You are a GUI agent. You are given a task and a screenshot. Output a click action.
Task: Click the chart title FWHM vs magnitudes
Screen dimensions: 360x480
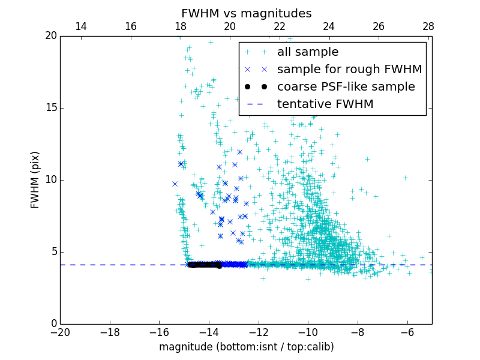pos(246,13)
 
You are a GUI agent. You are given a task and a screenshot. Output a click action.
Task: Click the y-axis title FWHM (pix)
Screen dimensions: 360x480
pos(35,179)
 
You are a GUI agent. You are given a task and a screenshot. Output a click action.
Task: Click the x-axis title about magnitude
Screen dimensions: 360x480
pos(246,347)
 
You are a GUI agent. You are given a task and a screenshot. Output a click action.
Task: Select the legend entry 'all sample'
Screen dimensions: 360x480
pos(308,52)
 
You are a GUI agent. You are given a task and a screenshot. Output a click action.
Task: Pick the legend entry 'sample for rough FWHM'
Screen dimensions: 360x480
pos(349,70)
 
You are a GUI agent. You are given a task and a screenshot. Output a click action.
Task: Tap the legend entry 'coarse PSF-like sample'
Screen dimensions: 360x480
pos(346,87)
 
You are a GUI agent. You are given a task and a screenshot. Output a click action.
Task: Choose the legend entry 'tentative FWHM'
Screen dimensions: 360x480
pos(325,104)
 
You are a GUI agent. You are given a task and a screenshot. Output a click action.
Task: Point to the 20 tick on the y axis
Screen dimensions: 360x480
pos(50,36)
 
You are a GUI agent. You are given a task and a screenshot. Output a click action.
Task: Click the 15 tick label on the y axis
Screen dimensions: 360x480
pos(50,108)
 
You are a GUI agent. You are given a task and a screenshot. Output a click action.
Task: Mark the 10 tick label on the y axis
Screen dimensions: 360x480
pos(50,180)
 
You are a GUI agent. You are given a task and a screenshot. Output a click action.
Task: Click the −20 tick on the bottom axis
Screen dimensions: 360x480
pos(61,332)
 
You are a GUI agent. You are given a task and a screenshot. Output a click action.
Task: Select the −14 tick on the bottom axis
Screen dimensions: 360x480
pos(209,332)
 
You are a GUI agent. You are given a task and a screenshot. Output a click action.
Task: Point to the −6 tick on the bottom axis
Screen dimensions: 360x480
pos(407,332)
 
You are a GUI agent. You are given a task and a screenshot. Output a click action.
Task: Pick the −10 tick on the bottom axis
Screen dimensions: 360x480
pos(308,332)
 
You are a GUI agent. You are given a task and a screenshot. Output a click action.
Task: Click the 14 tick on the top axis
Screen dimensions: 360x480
pos(80,26)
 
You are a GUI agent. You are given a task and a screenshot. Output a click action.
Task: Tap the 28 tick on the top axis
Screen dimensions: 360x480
pos(428,26)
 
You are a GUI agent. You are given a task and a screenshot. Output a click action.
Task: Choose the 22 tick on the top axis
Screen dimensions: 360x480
pos(279,26)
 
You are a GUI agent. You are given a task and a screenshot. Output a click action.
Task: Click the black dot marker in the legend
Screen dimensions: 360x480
pos(256,87)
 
